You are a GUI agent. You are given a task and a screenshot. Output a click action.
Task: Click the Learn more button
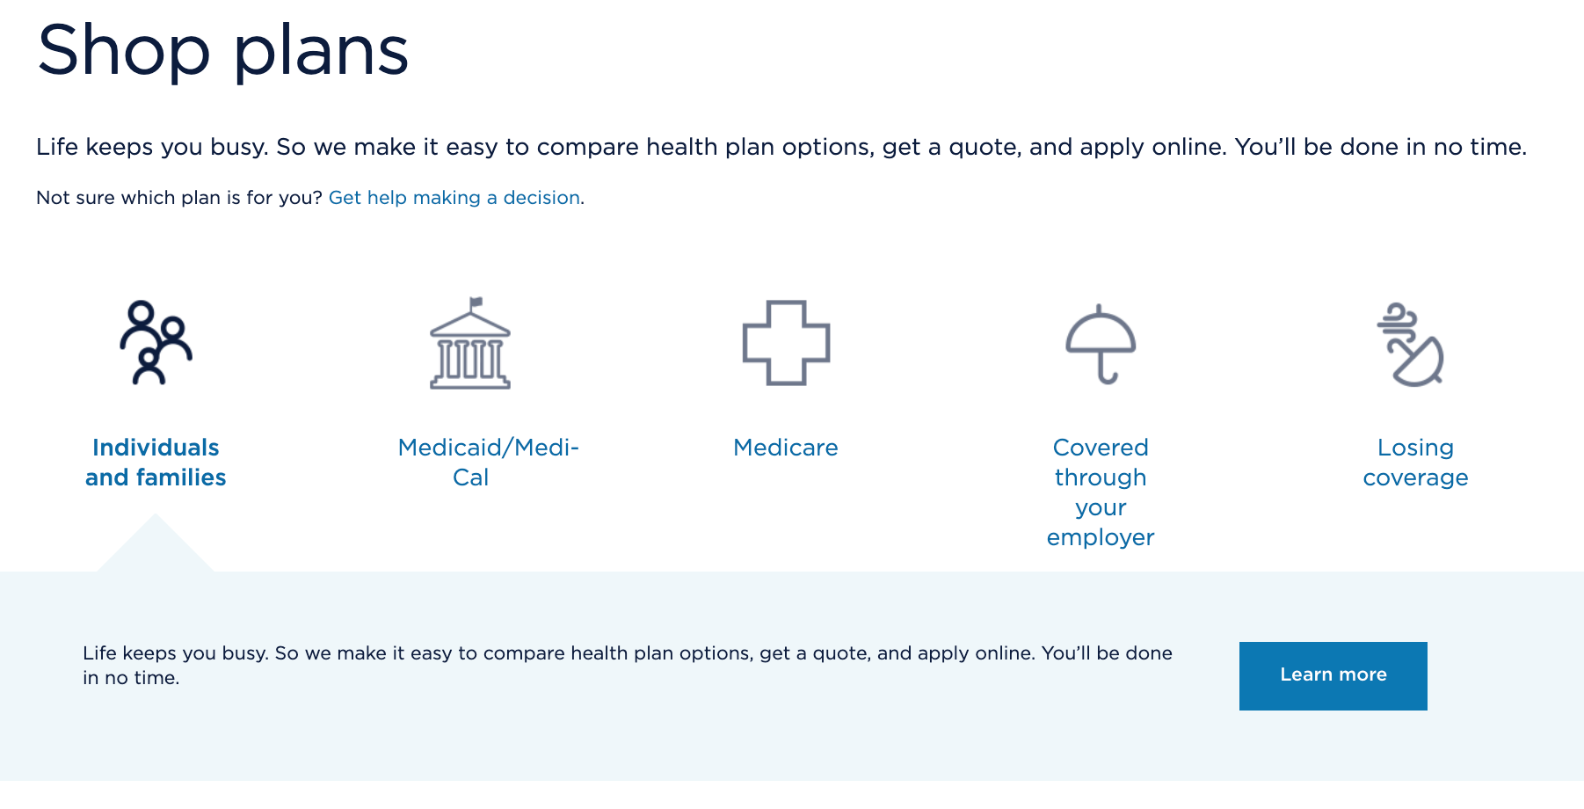pos(1333,675)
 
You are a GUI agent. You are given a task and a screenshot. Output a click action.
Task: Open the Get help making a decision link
pos(454,198)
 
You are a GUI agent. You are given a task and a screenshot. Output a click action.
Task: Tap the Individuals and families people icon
pos(156,343)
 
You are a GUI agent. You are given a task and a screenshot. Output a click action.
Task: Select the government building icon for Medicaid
pos(470,346)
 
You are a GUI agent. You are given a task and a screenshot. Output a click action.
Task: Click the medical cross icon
pos(786,343)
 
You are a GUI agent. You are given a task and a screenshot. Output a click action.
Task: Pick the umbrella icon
pos(1101,343)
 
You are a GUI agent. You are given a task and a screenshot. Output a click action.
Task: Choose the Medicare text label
pos(786,448)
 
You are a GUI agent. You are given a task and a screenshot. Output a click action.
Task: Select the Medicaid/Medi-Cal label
pos(488,463)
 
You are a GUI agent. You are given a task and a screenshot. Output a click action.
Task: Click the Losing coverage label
pos(1415,463)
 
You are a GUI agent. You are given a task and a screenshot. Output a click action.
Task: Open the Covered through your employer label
pos(1101,492)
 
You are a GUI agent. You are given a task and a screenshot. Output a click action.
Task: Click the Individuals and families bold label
pos(156,463)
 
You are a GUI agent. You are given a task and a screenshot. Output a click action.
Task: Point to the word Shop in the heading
pos(123,51)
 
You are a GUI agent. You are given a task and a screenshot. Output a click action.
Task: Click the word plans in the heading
pos(321,51)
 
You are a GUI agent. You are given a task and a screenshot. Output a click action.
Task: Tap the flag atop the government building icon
pos(476,302)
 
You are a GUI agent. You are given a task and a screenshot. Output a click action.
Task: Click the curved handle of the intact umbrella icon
pos(1107,376)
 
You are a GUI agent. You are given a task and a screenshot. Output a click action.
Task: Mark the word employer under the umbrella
pos(1101,537)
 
